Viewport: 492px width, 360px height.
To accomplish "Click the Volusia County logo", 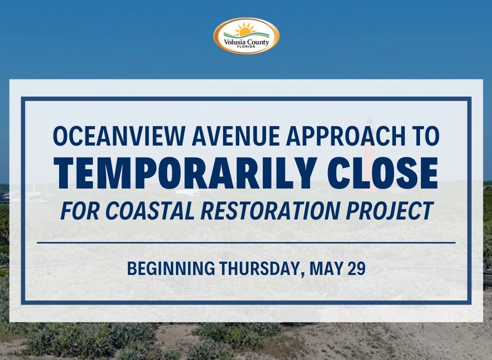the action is [x=246, y=36].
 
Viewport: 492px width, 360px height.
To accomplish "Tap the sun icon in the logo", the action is [x=245, y=29].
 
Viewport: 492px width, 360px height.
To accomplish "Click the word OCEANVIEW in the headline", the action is [x=120, y=136].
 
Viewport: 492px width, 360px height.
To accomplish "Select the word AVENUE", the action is [x=236, y=136].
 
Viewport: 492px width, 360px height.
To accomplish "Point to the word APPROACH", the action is [x=346, y=136].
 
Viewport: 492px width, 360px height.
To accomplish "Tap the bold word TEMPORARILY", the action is [x=186, y=173].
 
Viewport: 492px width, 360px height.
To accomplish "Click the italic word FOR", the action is [x=80, y=210].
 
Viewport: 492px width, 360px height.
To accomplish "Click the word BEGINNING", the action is [x=171, y=268].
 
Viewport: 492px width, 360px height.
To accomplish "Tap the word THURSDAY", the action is [x=262, y=269].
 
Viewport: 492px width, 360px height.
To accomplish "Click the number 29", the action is [x=357, y=268].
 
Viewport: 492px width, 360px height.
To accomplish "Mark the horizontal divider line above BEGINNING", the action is [x=246, y=243].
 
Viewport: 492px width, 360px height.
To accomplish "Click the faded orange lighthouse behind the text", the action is [x=370, y=154].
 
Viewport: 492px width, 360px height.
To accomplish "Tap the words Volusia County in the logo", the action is [x=246, y=42].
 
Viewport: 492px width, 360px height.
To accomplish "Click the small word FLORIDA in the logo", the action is [x=246, y=47].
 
